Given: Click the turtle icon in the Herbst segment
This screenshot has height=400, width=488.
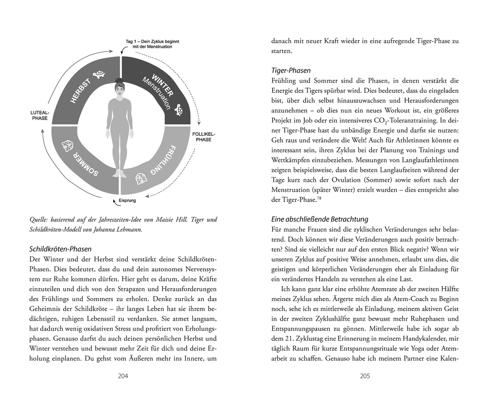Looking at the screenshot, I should click(x=100, y=75).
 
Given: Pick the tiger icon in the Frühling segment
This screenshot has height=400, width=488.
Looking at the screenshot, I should click(x=141, y=178).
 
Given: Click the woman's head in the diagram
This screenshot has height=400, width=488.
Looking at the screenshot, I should click(x=119, y=88).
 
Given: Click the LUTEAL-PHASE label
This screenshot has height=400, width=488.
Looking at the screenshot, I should click(x=40, y=115).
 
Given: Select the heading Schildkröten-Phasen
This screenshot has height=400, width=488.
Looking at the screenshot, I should click(x=60, y=249).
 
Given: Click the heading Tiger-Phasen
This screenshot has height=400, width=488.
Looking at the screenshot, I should click(x=290, y=70).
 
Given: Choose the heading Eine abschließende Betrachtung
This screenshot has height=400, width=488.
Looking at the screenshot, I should click(x=319, y=219).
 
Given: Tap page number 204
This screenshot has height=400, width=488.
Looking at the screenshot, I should click(x=123, y=376).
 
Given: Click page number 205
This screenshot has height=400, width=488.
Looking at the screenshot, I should click(x=365, y=376).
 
